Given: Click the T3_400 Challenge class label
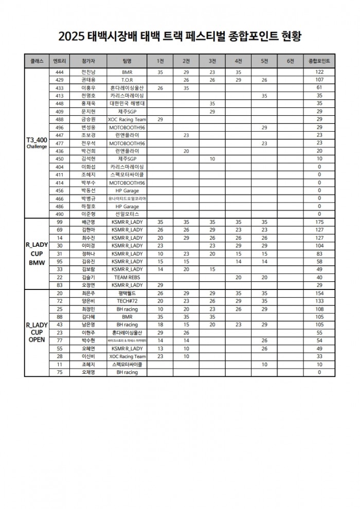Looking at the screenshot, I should tap(37, 142).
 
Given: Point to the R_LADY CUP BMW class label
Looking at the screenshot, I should tap(37, 253).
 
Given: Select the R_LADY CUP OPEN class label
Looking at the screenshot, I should tap(37, 333).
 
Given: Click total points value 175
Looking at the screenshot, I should tap(319, 222).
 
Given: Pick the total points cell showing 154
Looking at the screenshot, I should tap(319, 293).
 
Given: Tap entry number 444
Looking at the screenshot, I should tap(59, 72).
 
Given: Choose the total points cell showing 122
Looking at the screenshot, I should tap(319, 72).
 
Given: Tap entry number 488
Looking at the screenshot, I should tap(59, 119).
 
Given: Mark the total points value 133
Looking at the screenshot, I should tap(319, 301).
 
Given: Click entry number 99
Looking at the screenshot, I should tap(59, 222).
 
